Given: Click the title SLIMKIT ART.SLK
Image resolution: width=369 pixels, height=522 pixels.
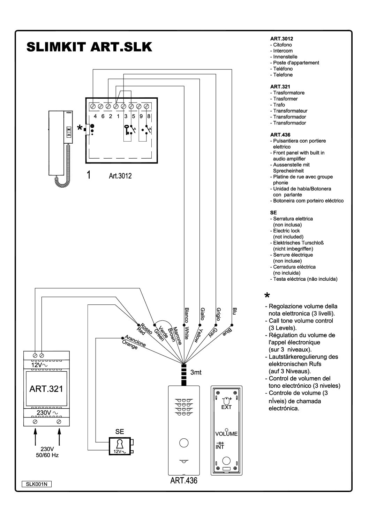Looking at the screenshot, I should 89,47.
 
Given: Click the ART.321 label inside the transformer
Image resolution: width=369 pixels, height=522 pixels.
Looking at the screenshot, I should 46,389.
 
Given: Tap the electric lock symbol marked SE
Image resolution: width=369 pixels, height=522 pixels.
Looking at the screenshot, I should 120,445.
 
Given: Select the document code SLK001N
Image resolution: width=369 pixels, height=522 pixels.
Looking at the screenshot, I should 36,484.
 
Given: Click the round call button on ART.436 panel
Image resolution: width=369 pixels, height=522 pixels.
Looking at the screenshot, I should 183,443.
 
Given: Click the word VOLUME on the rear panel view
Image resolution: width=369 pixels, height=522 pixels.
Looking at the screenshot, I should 226,434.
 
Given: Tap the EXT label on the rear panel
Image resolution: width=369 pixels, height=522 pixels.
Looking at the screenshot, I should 226,407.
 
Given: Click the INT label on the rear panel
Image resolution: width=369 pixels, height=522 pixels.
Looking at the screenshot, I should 220,447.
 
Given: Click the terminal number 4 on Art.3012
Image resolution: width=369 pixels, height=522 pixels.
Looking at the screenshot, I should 95,116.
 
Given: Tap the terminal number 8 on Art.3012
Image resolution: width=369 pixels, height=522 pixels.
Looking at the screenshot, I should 149,116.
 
